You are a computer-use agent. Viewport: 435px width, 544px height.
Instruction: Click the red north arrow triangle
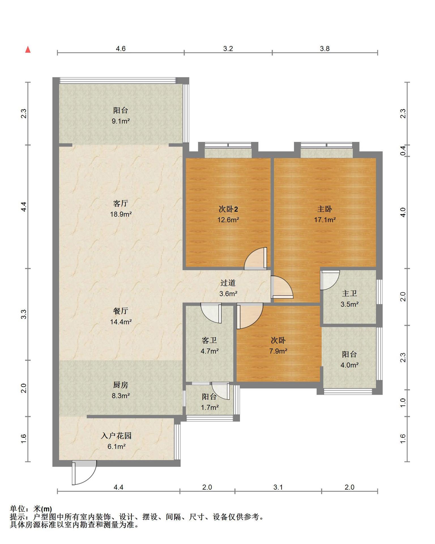click(28, 50)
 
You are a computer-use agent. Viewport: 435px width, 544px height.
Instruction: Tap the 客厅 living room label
click(121, 203)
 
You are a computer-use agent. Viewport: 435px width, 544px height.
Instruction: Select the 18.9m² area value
click(121, 214)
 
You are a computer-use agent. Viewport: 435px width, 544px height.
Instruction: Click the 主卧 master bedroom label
click(325, 209)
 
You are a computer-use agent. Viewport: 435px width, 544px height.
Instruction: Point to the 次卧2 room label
click(228, 209)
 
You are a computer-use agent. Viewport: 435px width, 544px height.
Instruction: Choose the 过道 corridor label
click(228, 283)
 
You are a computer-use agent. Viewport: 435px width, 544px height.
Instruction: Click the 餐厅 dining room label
click(121, 311)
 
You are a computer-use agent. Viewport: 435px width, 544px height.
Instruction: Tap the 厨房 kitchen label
click(121, 385)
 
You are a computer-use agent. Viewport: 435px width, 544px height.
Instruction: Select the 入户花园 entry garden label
click(116, 435)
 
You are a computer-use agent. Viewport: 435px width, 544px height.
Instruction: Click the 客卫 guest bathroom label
click(209, 340)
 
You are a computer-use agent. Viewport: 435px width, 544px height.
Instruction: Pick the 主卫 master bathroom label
click(349, 293)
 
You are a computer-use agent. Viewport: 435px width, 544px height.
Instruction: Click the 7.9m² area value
click(278, 351)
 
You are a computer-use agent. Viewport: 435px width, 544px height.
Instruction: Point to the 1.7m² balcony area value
click(210, 407)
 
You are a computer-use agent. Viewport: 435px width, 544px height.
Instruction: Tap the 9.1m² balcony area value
click(121, 121)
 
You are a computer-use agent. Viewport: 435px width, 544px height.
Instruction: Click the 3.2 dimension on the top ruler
click(228, 49)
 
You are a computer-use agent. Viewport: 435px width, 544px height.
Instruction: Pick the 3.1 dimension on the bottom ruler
click(278, 487)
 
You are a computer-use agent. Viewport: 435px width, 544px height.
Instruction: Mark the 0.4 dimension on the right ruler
click(403, 150)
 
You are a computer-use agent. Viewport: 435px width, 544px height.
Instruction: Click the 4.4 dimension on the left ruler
click(24, 206)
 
